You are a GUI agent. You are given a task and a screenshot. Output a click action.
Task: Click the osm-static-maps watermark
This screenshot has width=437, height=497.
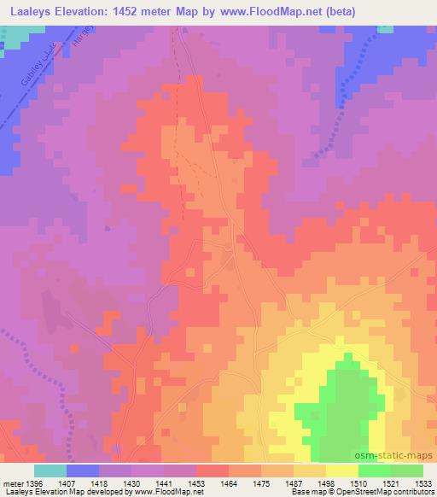coord(400,458)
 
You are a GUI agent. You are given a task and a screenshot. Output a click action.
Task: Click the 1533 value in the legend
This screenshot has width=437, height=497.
coord(424,483)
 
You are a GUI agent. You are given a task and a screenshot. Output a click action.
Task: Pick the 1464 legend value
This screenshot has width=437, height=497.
coord(230,483)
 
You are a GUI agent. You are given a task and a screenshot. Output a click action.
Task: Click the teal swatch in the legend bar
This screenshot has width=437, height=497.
coord(50,471)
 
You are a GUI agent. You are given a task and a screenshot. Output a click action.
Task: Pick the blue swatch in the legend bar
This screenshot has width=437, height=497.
coord(83,471)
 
